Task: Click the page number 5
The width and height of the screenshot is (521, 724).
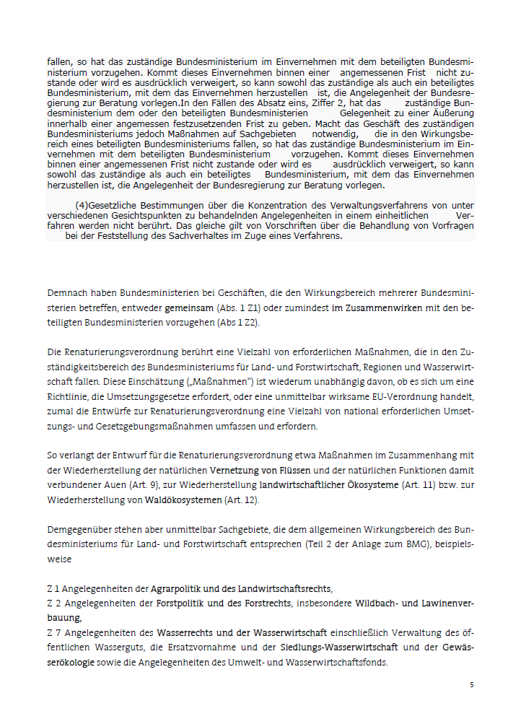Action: pos(472,684)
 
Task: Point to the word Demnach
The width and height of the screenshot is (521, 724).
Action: pos(66,293)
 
